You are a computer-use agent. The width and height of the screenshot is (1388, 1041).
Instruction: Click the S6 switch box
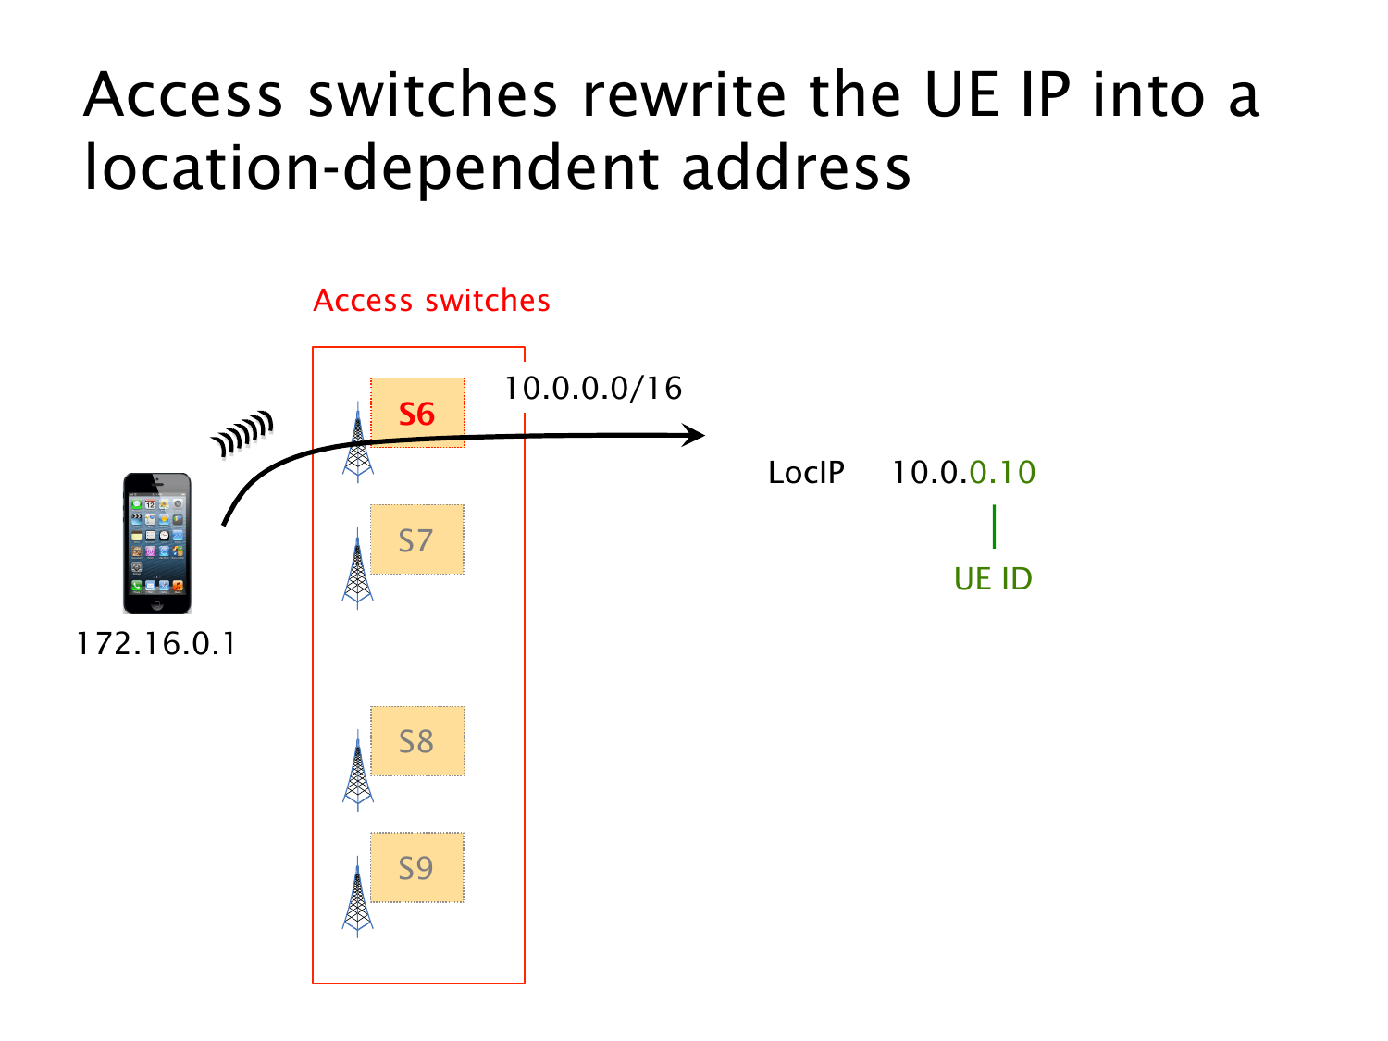coord(417,413)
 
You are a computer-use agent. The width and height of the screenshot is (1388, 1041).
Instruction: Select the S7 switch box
coord(417,539)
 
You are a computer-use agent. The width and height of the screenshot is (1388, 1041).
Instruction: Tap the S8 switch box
coord(417,741)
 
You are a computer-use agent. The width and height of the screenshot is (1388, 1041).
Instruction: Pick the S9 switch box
coord(417,868)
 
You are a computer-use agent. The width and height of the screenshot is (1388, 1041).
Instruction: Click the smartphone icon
coord(157,543)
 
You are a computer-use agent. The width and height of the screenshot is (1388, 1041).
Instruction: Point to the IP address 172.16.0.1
coord(156,643)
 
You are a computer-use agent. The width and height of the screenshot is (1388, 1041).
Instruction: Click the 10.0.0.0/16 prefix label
coord(593,389)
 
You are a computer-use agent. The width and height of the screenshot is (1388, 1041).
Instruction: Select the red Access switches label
coord(431,301)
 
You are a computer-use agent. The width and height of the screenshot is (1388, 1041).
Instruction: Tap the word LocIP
coord(806,473)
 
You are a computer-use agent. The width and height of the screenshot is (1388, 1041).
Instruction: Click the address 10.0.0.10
coord(963,473)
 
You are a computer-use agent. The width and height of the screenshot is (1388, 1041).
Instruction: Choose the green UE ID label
coord(993,579)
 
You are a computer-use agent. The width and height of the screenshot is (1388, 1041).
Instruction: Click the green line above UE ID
coord(994,527)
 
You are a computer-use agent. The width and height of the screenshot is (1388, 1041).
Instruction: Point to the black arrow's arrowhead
coord(693,435)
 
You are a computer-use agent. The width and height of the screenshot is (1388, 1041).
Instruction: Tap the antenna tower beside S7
coord(357,569)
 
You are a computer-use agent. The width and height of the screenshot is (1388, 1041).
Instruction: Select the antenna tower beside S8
coord(357,771)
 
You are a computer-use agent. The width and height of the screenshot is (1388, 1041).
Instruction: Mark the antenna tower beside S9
coord(357,898)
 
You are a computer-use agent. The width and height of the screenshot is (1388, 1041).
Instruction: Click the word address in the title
coord(797,168)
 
